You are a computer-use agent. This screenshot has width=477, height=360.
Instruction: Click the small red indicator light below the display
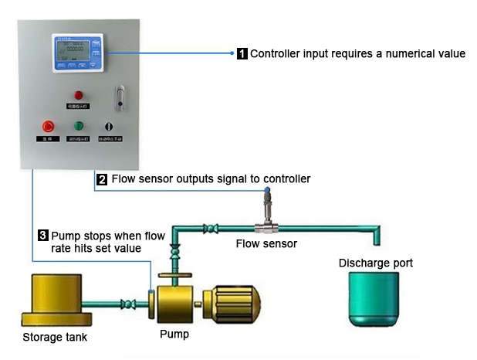[79, 96]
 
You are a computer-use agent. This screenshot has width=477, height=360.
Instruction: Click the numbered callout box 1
[242, 54]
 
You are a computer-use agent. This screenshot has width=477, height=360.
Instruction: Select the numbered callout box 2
[102, 179]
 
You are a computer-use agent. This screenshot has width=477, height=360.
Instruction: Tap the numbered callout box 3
[43, 234]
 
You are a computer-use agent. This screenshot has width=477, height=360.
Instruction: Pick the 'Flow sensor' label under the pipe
[266, 243]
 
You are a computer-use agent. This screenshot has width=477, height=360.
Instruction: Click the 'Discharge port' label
[375, 263]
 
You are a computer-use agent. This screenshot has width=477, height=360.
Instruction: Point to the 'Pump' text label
[174, 335]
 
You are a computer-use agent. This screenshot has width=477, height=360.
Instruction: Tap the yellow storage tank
[53, 297]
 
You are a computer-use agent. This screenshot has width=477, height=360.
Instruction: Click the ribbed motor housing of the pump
[232, 298]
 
